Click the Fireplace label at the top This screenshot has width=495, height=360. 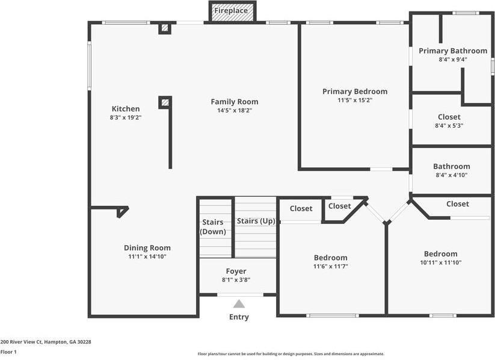231,11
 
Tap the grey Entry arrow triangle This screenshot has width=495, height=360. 239,304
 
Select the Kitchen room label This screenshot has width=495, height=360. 126,109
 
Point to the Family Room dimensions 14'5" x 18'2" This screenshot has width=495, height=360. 235,111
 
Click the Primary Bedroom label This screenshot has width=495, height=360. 355,92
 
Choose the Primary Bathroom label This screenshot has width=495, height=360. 453,51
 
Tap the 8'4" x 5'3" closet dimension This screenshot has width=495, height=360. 449,126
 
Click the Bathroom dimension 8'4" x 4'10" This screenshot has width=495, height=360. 452,175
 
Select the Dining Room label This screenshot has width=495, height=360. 147,247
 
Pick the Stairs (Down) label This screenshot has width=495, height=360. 214,227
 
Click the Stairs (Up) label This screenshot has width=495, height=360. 256,221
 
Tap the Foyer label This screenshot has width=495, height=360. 236,271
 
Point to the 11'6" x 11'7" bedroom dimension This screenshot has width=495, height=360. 331,266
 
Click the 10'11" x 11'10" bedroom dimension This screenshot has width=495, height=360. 441,262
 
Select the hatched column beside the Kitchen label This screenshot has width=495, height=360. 165,102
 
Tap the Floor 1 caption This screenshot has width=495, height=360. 8,352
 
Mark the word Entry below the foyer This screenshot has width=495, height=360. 239,317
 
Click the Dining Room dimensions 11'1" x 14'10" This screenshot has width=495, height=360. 147,256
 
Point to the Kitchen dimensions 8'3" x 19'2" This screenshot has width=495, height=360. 126,118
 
